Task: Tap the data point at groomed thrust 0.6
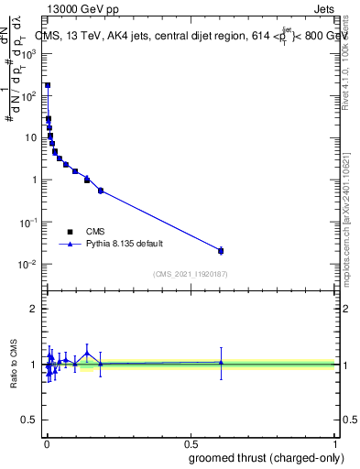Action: click(221, 250)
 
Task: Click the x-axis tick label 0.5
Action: click(191, 442)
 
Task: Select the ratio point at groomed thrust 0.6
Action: click(221, 363)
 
